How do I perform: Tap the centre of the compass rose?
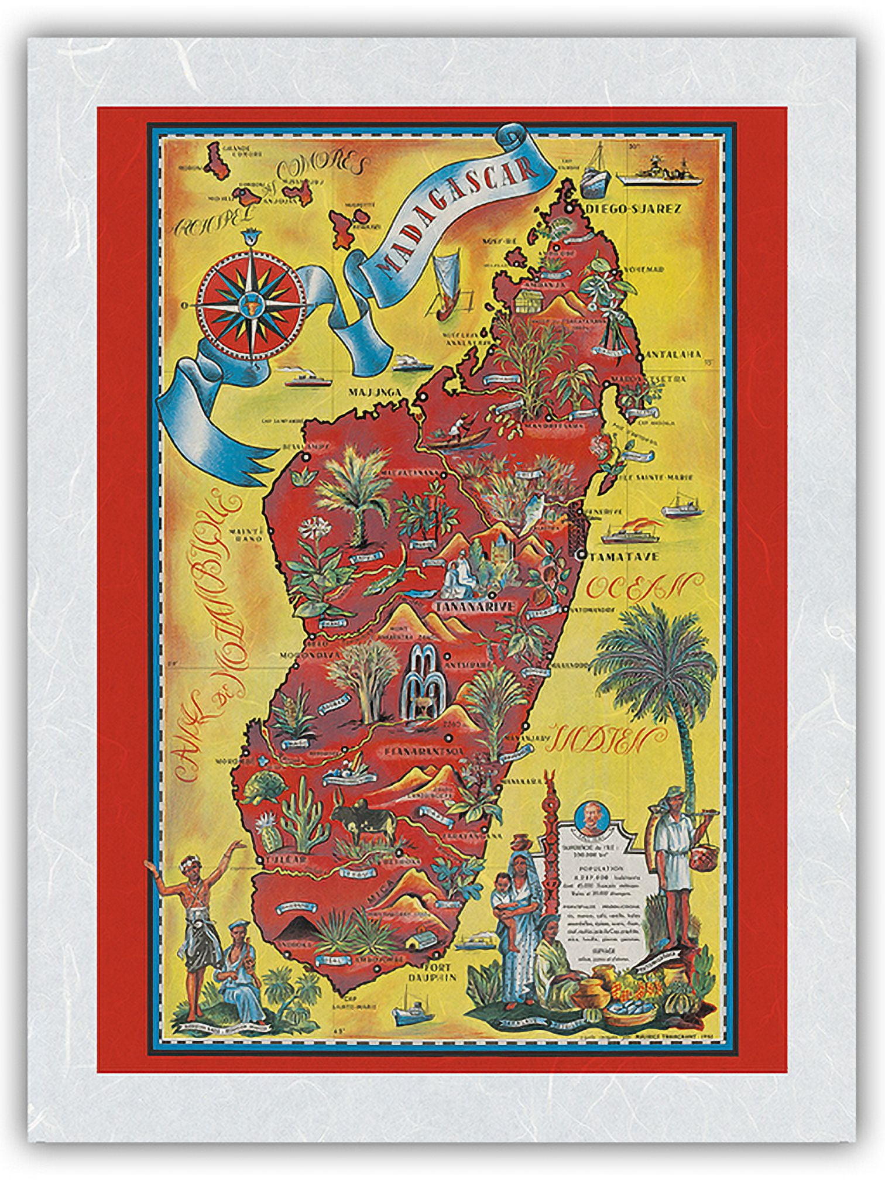pyautogui.click(x=251, y=303)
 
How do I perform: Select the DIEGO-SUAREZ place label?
pyautogui.click(x=632, y=209)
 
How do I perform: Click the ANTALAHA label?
pyautogui.click(x=673, y=354)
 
